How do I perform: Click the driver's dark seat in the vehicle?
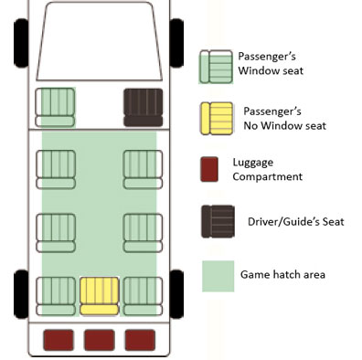[143, 108]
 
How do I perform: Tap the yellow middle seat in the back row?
[100, 296]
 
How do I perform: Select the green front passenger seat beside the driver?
[55, 107]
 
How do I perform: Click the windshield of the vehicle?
[100, 41]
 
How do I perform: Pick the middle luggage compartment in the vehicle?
[100, 340]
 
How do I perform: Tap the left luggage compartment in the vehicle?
[59, 340]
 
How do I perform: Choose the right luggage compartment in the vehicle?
[140, 340]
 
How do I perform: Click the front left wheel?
[21, 43]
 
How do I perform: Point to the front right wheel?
[176, 43]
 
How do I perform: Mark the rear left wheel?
[21, 294]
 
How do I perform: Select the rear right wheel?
[176, 294]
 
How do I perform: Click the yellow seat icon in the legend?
[217, 119]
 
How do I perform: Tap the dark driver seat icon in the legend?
[218, 221]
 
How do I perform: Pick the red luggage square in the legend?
[209, 169]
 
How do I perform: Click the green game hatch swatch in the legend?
[218, 276]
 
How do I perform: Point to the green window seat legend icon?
[216, 67]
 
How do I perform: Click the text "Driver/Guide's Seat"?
[296, 222]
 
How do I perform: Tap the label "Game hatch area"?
[282, 274]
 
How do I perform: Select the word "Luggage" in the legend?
[253, 163]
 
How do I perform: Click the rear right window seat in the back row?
[143, 296]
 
